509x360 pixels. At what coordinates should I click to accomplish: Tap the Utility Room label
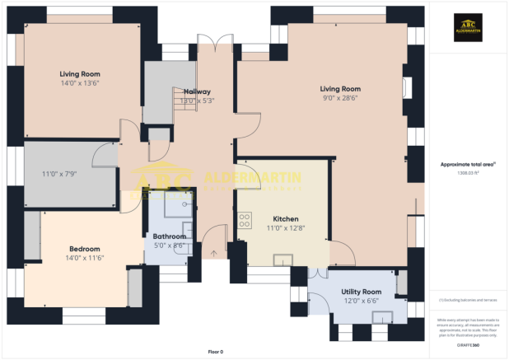(x=361, y=292)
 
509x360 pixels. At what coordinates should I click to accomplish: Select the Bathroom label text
(x=169, y=236)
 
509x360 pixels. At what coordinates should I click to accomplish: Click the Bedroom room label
(x=84, y=249)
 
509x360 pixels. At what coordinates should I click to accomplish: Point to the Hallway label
(x=197, y=91)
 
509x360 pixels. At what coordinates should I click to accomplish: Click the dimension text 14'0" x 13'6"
(x=80, y=82)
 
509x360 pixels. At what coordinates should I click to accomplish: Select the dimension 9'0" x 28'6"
(x=340, y=98)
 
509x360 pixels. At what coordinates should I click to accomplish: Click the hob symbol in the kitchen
(x=245, y=220)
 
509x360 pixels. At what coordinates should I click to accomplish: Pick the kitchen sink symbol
(x=283, y=260)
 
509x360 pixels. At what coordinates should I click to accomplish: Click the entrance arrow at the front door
(x=215, y=253)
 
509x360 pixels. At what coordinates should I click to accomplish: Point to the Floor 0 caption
(x=214, y=352)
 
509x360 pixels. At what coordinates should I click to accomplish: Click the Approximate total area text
(x=467, y=165)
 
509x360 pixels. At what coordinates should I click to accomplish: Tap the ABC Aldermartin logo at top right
(x=468, y=30)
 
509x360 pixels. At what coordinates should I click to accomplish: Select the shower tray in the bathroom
(x=176, y=203)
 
